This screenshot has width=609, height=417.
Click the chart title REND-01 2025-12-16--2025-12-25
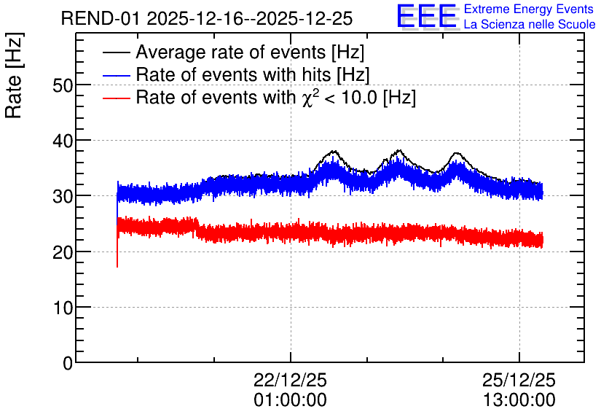pyautogui.click(x=207, y=18)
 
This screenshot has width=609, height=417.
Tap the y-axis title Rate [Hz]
pyautogui.click(x=14, y=75)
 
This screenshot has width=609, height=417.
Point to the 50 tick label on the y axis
pyautogui.click(x=63, y=85)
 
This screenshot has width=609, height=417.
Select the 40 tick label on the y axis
pyautogui.click(x=63, y=141)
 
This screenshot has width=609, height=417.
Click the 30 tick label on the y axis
pyautogui.click(x=63, y=197)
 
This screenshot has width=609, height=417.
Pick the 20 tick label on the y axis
pyautogui.click(x=63, y=252)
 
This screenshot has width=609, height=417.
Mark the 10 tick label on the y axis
pyautogui.click(x=63, y=308)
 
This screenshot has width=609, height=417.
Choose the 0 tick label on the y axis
pyautogui.click(x=68, y=363)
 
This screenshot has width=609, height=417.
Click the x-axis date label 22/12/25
pyautogui.click(x=290, y=380)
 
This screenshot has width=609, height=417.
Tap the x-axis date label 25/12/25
pyautogui.click(x=519, y=380)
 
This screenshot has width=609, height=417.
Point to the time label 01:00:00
pyautogui.click(x=290, y=400)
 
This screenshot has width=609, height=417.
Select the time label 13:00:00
pyautogui.click(x=519, y=400)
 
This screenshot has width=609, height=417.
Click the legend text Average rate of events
pyautogui.click(x=231, y=52)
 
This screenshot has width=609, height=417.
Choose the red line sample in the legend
pyautogui.click(x=116, y=98)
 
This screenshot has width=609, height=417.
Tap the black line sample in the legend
pyautogui.click(x=116, y=52)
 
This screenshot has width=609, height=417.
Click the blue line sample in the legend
pyautogui.click(x=116, y=75)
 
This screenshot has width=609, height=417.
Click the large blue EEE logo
pyautogui.click(x=427, y=16)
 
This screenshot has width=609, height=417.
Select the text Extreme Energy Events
pyautogui.click(x=529, y=9)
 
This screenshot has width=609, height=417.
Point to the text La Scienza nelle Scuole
pyautogui.click(x=530, y=24)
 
